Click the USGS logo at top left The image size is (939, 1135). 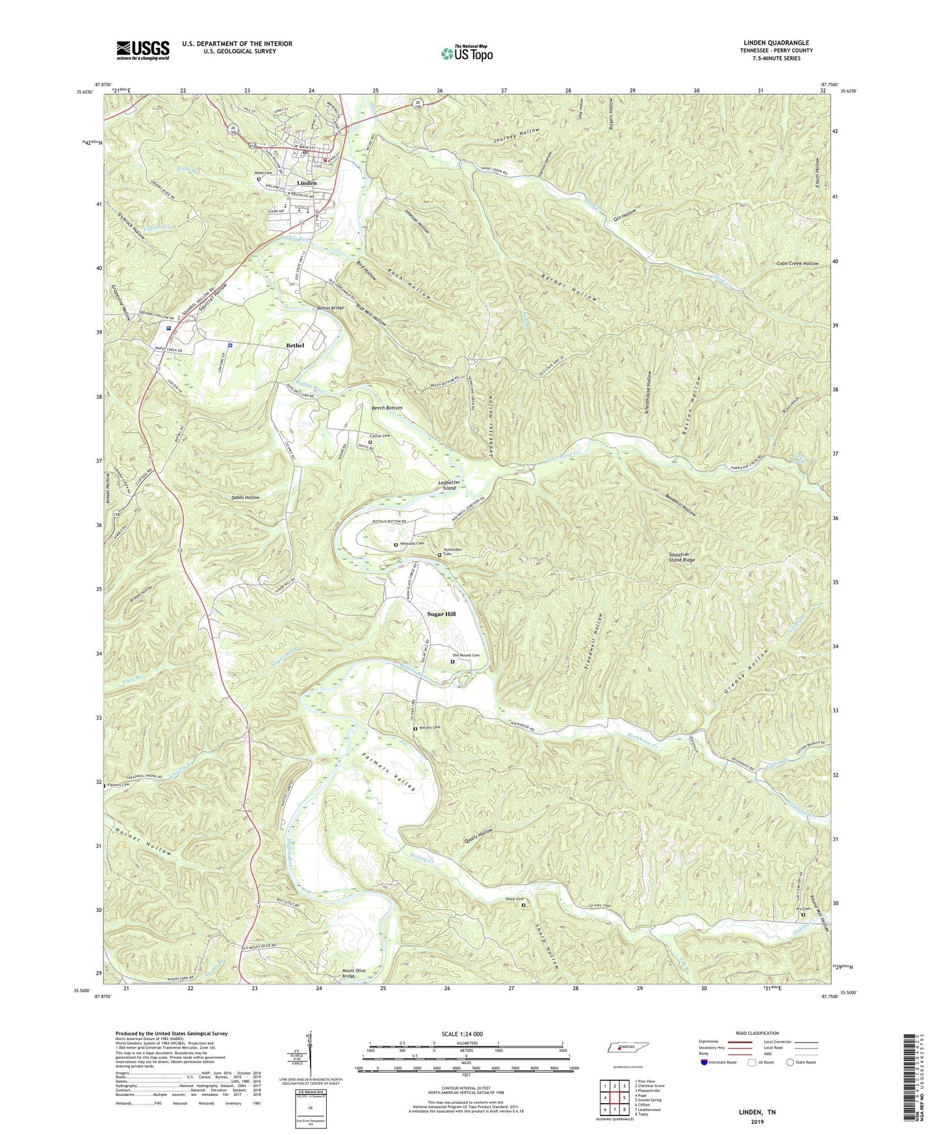[x=142, y=50]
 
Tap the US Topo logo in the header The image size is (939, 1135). [x=466, y=53]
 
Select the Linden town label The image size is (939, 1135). [x=307, y=183]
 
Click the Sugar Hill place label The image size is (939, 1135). [x=441, y=614]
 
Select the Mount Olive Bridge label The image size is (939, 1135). [x=349, y=973]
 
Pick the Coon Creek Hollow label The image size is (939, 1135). [x=797, y=263]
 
